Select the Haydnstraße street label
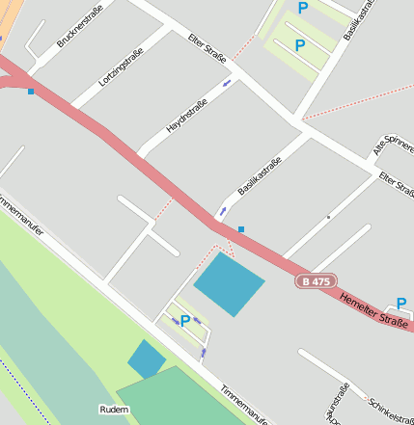(x=186, y=114)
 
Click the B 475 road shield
(x=316, y=281)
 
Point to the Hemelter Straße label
(x=373, y=312)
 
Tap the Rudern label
(x=114, y=410)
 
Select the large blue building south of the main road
(x=230, y=284)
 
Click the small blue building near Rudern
(x=147, y=359)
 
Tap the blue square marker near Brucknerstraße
(x=31, y=92)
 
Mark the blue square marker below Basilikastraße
(x=241, y=229)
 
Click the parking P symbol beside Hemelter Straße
(x=401, y=304)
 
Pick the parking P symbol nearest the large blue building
(x=185, y=320)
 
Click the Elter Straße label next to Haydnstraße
(x=208, y=48)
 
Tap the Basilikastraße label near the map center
(x=259, y=176)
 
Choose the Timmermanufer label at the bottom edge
(x=244, y=405)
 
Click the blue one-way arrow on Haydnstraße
(x=228, y=84)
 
